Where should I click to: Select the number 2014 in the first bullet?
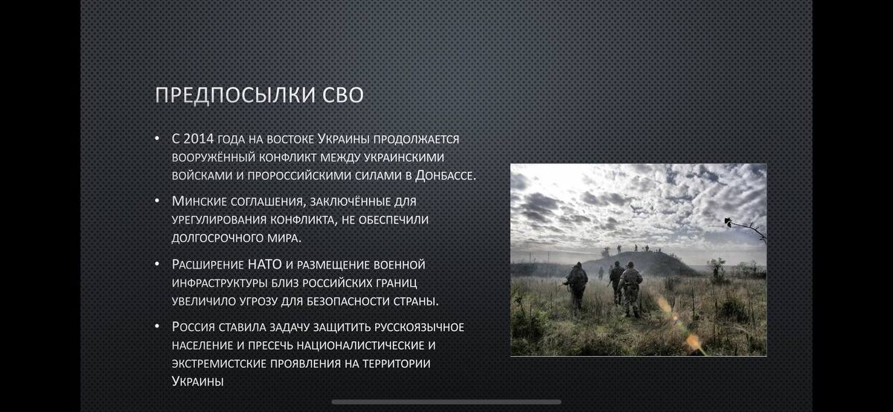coord(199,138)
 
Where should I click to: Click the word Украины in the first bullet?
coord(343,139)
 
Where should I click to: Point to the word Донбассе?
coord(446,176)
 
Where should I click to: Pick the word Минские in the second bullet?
coord(199,202)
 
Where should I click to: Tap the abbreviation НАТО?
coord(265,264)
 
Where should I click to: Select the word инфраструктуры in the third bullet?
coord(220,283)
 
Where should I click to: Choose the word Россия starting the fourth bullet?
coord(193,326)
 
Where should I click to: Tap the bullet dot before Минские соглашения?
coord(157,200)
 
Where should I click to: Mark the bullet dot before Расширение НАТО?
coord(157,263)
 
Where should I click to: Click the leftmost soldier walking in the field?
coord(576,286)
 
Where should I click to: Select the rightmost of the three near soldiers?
coord(630,289)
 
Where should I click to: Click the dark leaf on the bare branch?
coord(729,222)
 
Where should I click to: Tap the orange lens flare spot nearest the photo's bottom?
coord(693,341)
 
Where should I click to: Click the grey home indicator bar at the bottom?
coord(446,402)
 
